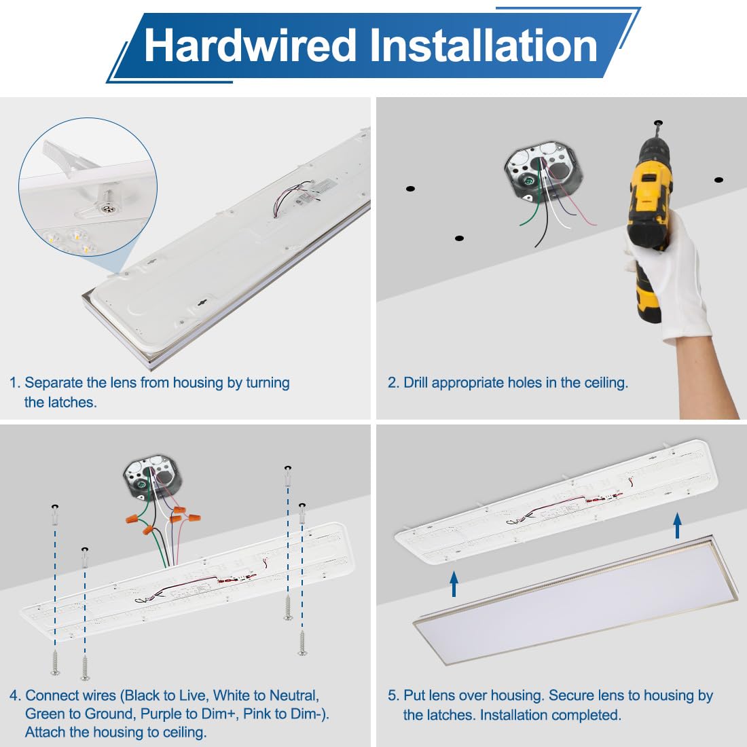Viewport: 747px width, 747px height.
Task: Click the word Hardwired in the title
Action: pos(250,45)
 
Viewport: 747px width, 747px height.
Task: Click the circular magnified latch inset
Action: pos(88,187)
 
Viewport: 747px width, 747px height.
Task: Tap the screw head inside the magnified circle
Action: pos(109,206)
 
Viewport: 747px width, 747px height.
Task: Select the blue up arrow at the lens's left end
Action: pos(454,584)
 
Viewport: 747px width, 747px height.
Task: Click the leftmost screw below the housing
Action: pos(55,663)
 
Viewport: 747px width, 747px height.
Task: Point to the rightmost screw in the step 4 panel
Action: pos(302,642)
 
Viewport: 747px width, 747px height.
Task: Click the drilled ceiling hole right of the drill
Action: pos(718,180)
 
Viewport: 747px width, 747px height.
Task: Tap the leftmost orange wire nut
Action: pos(133,518)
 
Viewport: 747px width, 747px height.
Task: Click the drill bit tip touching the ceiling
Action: pos(658,123)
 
